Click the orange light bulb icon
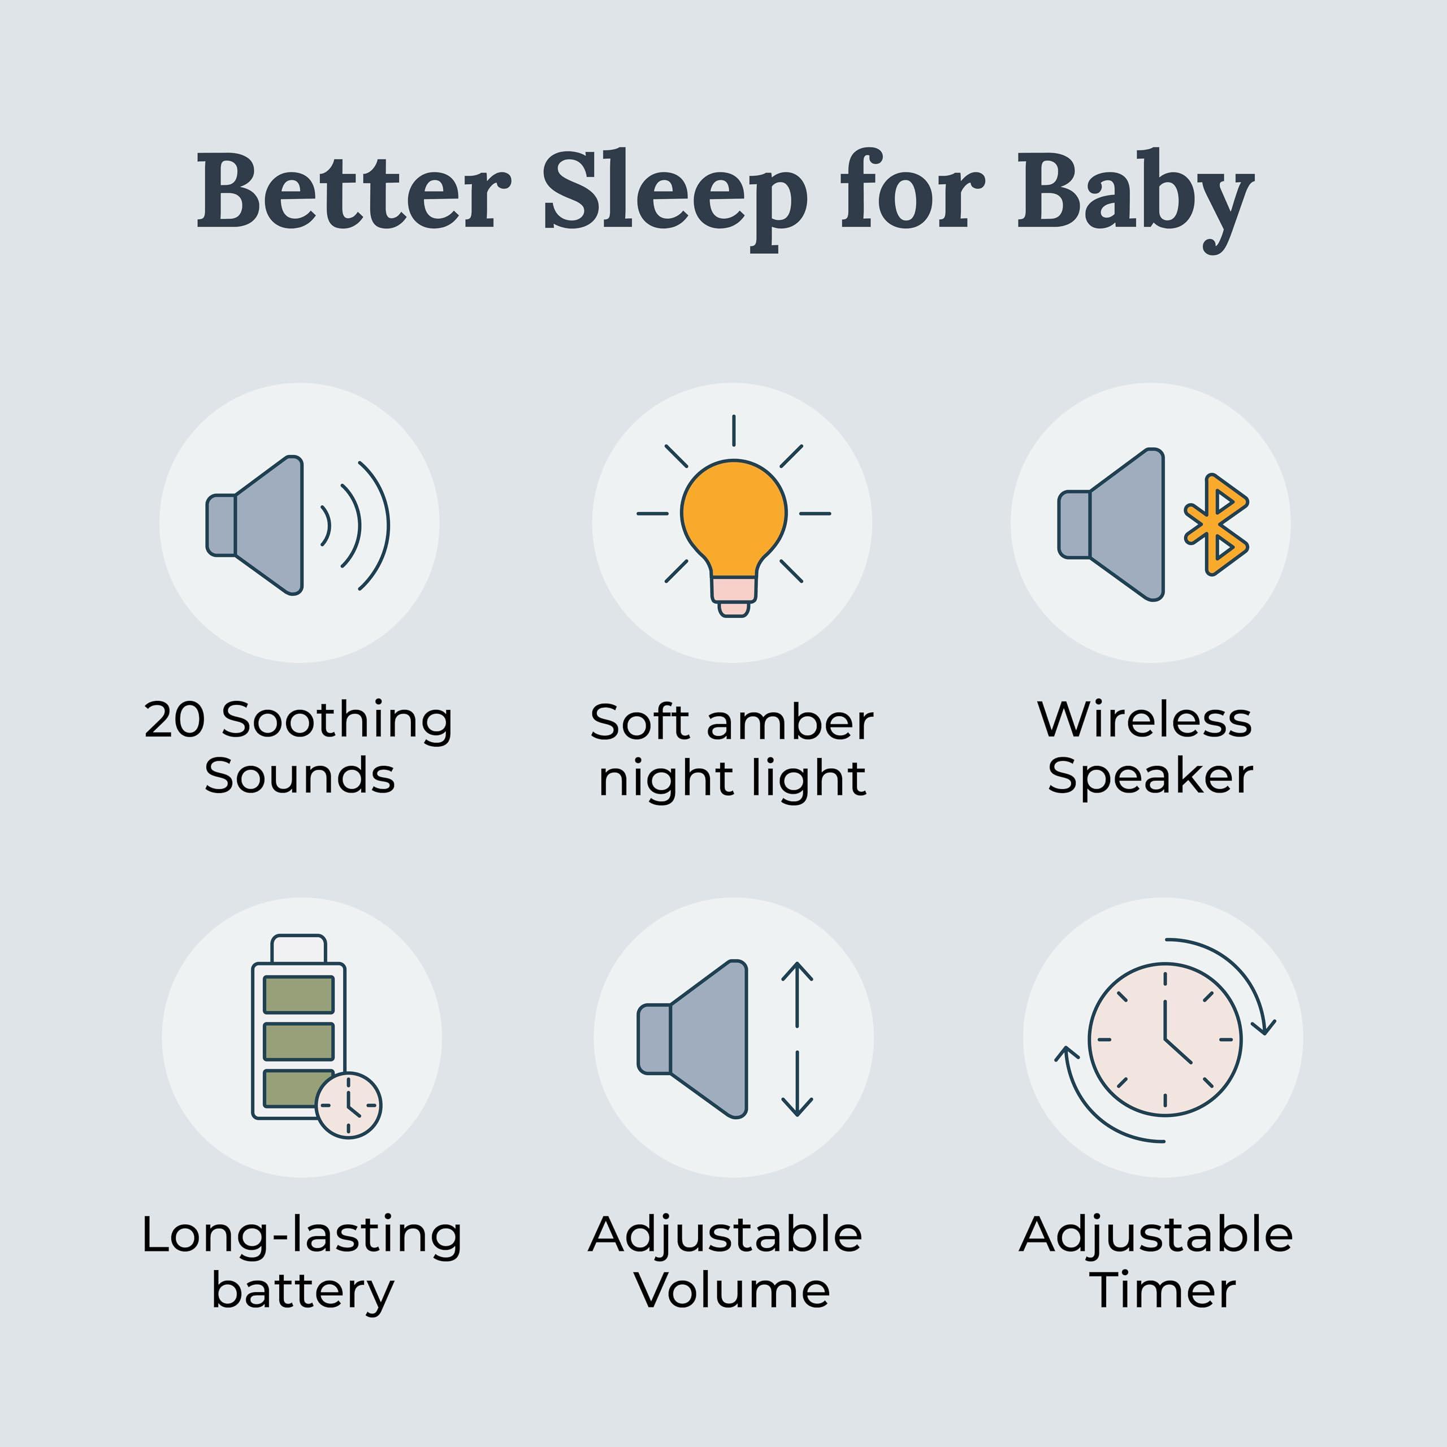pyautogui.click(x=733, y=513)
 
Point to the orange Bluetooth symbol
pyautogui.click(x=1216, y=525)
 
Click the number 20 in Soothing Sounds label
pyautogui.click(x=174, y=721)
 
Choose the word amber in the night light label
pyautogui.click(x=790, y=723)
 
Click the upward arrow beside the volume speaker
pyautogui.click(x=797, y=993)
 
